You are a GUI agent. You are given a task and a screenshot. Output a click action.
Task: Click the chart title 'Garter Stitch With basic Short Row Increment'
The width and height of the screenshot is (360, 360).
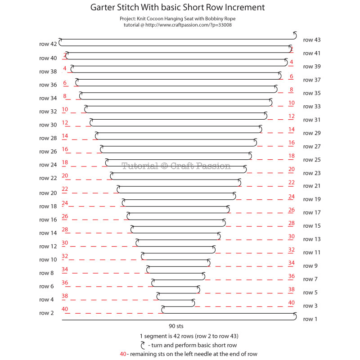(x=177, y=8)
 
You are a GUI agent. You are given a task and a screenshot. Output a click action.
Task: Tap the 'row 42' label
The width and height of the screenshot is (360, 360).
(x=48, y=45)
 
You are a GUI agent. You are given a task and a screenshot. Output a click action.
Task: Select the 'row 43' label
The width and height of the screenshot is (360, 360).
(x=312, y=40)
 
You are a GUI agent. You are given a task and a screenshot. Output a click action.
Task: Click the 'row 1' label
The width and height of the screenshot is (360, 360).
(x=310, y=319)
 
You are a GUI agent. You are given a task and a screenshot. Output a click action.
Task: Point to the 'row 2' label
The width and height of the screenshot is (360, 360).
(x=46, y=313)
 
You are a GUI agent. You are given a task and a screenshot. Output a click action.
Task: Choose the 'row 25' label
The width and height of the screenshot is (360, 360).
(x=312, y=160)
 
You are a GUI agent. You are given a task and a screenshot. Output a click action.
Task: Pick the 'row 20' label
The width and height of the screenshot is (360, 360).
(x=48, y=193)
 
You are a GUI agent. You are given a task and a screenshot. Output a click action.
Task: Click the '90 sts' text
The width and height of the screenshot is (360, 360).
(x=176, y=326)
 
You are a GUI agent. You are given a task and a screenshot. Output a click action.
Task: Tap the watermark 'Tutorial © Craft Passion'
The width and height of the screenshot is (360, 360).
(x=176, y=166)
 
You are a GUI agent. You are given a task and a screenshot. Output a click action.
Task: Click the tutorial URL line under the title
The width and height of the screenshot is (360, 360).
(x=177, y=25)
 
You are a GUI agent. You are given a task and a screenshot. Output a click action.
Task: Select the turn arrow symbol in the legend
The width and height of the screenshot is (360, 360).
(x=143, y=345)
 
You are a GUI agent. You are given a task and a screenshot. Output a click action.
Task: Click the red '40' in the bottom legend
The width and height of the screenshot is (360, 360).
(x=123, y=354)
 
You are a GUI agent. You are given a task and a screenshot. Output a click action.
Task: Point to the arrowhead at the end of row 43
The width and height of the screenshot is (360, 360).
(x=295, y=33)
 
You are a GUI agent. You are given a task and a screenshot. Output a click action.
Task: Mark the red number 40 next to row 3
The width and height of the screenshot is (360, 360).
(x=291, y=303)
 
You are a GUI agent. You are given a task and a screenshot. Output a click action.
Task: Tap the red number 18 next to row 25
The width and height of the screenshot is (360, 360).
(x=291, y=156)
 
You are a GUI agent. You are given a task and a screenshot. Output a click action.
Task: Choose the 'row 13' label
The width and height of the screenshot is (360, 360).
(x=312, y=239)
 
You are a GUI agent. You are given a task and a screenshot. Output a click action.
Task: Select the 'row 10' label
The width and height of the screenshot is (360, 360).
(x=48, y=260)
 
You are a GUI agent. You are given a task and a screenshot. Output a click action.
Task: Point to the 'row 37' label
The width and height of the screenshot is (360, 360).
(x=312, y=80)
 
